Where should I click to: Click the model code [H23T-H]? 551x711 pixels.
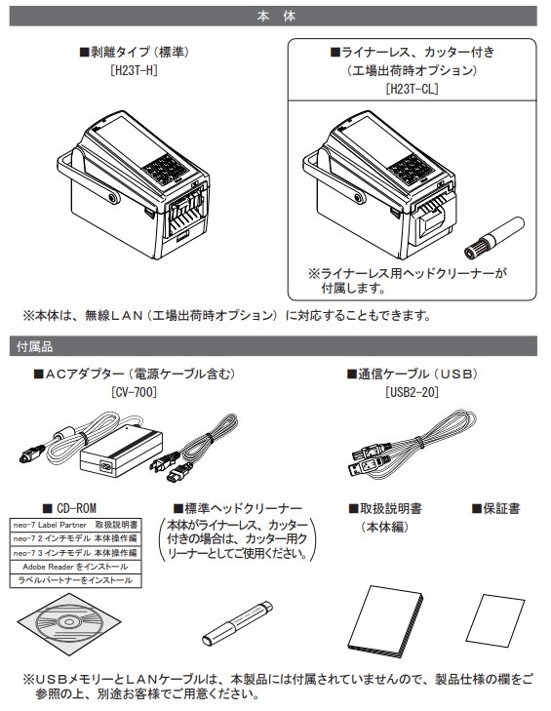(135, 71)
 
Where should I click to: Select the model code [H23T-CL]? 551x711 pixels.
(412, 89)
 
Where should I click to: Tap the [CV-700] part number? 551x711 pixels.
(135, 392)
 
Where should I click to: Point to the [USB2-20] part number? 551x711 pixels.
(412, 392)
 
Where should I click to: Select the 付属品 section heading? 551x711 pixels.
(34, 347)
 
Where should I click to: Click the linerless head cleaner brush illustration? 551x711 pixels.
(494, 238)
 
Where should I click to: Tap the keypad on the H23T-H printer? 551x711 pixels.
(166, 169)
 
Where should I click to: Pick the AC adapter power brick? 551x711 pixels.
(121, 451)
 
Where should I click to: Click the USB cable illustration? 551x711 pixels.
(413, 445)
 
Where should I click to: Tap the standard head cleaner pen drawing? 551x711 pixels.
(237, 622)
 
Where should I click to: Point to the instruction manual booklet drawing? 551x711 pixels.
(388, 620)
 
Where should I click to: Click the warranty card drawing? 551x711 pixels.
(495, 620)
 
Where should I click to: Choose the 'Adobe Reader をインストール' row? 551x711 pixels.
(76, 567)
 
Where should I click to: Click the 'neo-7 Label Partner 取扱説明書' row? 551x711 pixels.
(76, 525)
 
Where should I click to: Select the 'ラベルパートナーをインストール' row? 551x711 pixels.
(76, 581)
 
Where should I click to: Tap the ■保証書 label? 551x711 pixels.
(495, 509)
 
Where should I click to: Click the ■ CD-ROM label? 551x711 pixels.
(69, 508)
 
